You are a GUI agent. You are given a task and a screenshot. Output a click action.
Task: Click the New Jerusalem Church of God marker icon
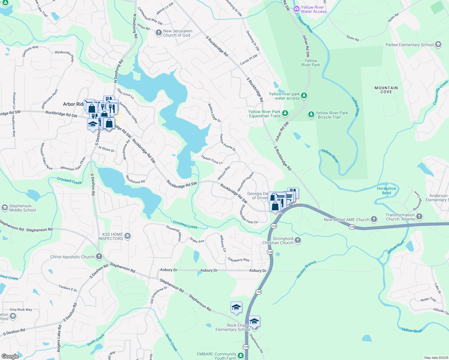pos(159,33)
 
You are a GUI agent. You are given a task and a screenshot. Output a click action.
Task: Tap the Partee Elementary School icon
pos(438,45)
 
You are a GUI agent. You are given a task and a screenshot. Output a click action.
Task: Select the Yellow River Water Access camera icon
pos(297,9)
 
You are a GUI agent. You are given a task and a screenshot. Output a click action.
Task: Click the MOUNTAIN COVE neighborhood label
pos(386,90)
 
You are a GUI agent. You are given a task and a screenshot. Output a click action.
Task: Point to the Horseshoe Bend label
pos(386,190)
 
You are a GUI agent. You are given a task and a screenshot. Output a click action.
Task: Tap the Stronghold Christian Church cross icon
pos(297,240)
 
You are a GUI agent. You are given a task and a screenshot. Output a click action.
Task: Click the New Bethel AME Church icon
pos(374,219)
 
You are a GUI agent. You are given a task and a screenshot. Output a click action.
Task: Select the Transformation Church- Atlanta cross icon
pos(419,216)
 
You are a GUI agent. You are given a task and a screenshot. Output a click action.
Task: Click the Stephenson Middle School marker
pos(5,208)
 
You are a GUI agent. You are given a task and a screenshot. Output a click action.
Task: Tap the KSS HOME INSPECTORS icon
pos(128,236)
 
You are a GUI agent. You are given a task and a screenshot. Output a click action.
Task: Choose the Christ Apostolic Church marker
pos(99,256)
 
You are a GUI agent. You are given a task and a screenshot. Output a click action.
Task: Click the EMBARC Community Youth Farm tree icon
pos(241,355)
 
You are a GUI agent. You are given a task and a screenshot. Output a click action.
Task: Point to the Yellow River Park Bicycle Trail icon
pos(311,115)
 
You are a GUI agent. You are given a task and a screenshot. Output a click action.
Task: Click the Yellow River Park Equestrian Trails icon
pos(285,113)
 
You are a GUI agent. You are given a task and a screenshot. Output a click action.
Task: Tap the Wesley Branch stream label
pos(306,269)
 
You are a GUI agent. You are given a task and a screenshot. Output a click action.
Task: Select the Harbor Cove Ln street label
pos(212,160)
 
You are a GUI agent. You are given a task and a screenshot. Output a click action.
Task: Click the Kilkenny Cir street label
pos(223,243)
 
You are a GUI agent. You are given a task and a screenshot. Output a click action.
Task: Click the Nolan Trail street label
pos(428,299)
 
